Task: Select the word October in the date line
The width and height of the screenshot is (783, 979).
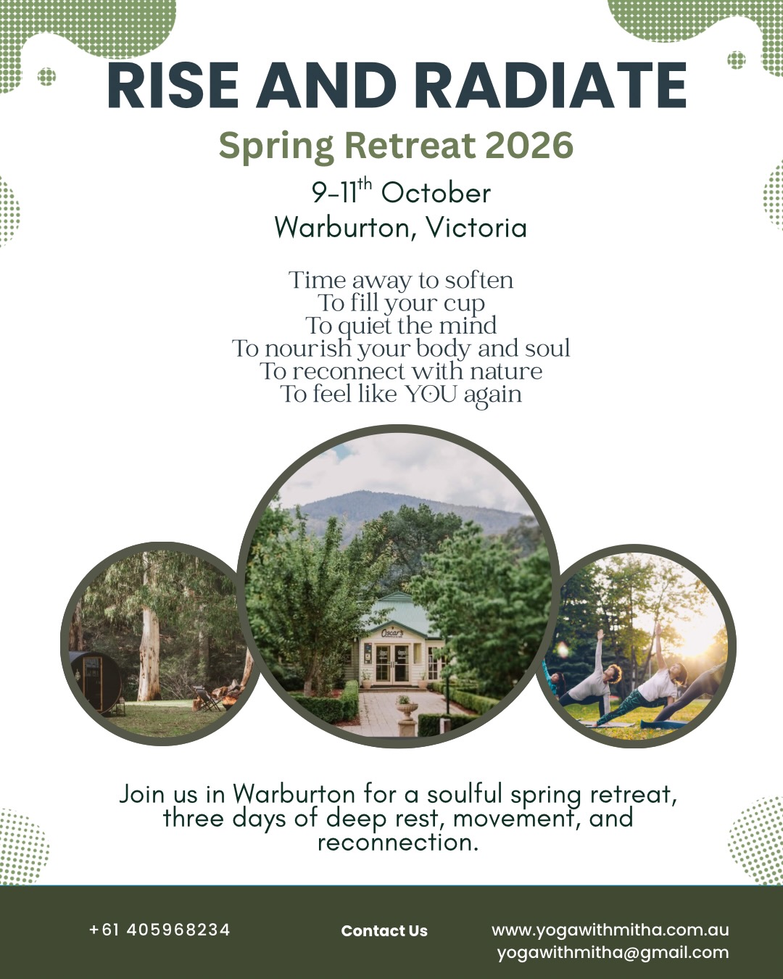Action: pos(436,193)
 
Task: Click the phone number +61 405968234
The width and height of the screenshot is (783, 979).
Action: pos(160,929)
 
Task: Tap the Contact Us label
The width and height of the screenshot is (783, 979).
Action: pos(384,931)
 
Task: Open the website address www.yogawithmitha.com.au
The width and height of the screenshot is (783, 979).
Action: pos(610,928)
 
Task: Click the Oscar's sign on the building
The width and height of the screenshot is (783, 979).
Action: pos(393,633)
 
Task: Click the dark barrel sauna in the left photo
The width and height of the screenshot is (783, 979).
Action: pos(95,683)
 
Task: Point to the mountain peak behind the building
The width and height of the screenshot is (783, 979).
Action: pos(360,494)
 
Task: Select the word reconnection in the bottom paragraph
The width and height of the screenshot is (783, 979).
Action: pos(397,842)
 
